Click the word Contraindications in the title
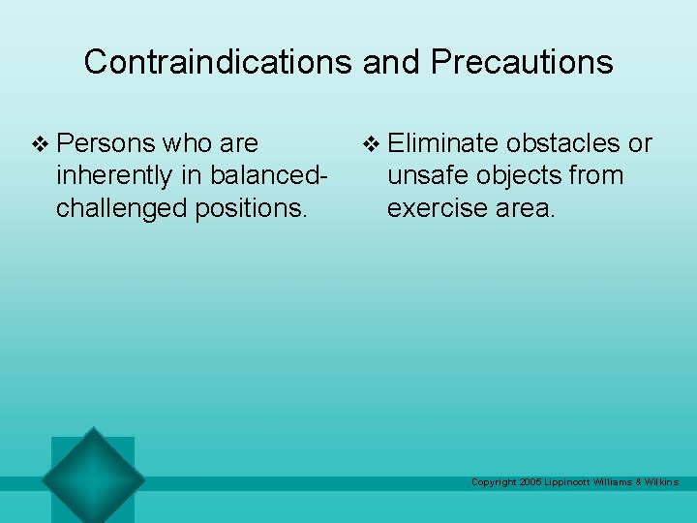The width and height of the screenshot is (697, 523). click(219, 62)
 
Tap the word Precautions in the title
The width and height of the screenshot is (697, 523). click(522, 62)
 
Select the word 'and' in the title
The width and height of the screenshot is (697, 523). click(392, 62)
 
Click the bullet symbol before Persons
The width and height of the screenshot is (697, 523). click(41, 144)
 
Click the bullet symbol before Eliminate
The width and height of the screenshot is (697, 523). click(371, 144)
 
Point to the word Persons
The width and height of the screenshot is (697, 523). click(105, 143)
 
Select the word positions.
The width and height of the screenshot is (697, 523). click(255, 208)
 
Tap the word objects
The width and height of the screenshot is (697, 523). click(521, 176)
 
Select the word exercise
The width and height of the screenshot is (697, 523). click(441, 208)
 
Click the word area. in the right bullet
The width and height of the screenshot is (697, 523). click(530, 208)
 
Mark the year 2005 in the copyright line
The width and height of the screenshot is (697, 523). click(530, 482)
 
